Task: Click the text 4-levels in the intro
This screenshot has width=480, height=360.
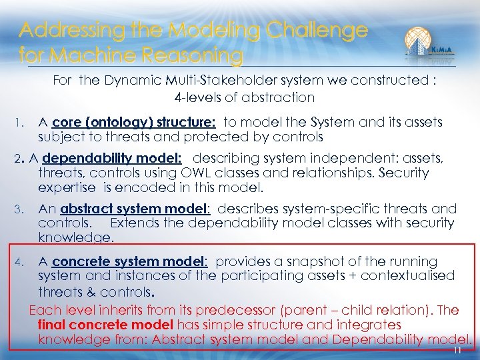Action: pos(197,97)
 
